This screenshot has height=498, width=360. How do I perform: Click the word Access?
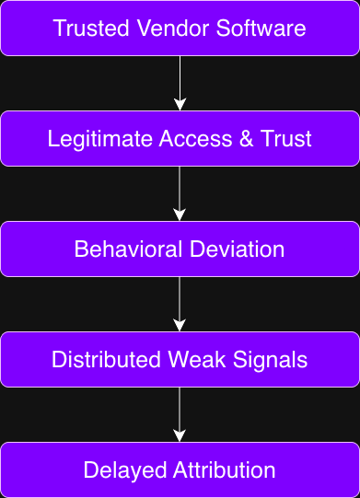(183, 139)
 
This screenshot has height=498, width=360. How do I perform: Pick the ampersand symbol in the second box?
(235, 139)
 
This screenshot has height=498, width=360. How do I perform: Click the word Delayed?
(118, 470)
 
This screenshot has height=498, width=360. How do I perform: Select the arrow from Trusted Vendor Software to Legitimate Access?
(180, 83)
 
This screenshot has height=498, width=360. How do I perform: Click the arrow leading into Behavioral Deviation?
(180, 193)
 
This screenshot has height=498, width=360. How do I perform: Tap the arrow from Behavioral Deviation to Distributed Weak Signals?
(180, 304)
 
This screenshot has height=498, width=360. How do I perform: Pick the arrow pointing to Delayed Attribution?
(180, 414)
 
